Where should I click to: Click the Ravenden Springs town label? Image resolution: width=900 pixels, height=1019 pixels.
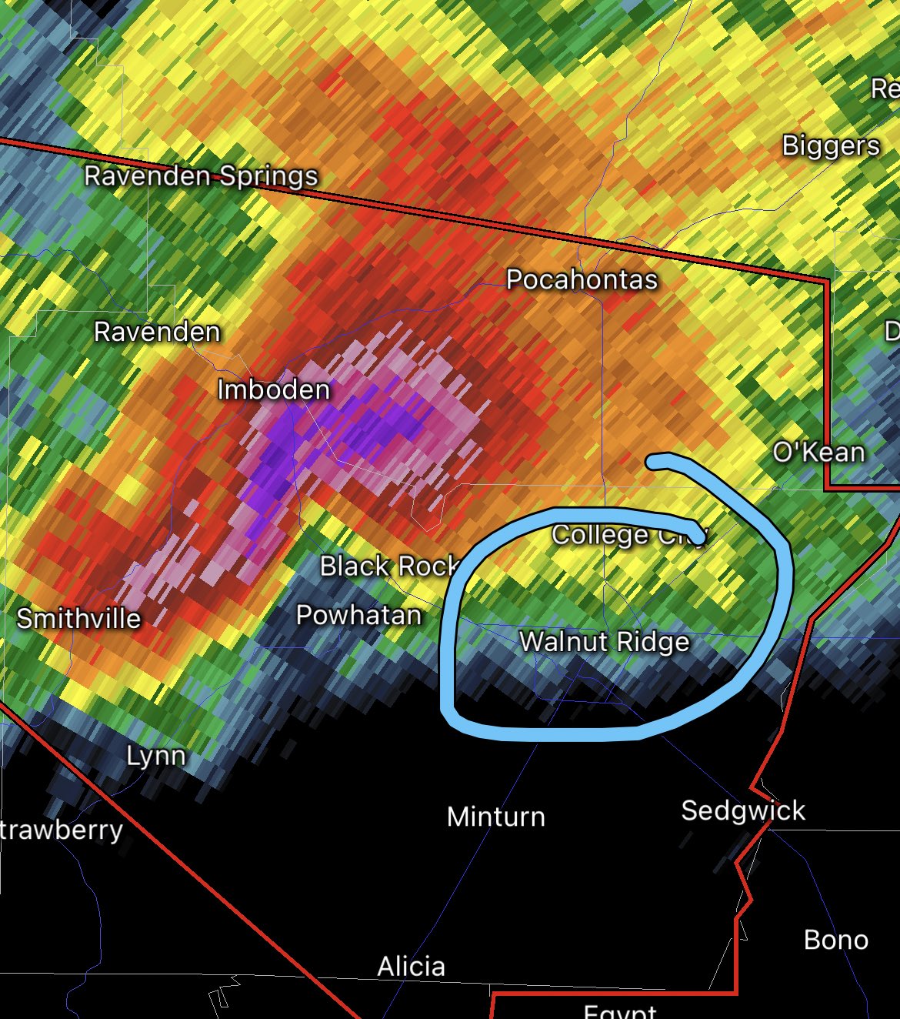click(x=201, y=176)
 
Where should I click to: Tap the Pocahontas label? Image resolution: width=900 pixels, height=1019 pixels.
click(x=582, y=279)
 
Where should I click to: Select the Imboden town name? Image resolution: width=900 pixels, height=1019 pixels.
click(x=274, y=389)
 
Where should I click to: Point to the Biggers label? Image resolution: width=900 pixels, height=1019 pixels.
click(x=831, y=145)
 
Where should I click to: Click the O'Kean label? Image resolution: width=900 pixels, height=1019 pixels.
click(x=818, y=452)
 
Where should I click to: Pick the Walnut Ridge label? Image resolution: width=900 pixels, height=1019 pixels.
click(x=605, y=641)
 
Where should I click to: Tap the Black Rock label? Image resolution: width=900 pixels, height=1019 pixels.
click(x=389, y=566)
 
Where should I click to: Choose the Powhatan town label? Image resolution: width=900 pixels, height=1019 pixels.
click(x=359, y=615)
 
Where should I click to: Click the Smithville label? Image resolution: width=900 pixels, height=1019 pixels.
click(x=78, y=618)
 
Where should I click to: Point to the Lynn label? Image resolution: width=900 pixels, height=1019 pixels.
click(x=156, y=756)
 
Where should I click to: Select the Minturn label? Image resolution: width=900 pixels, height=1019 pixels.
click(x=496, y=817)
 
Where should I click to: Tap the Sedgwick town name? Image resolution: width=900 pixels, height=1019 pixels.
click(x=743, y=810)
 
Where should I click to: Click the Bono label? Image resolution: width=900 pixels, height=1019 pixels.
click(x=836, y=940)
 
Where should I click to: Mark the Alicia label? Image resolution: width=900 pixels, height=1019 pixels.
click(x=411, y=967)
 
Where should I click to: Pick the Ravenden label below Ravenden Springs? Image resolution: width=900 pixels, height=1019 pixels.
click(x=157, y=332)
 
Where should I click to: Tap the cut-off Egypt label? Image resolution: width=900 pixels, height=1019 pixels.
click(x=620, y=1011)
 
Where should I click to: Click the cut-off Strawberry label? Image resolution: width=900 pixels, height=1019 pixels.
click(x=62, y=830)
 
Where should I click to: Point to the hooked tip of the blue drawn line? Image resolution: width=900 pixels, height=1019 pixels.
click(x=652, y=461)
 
